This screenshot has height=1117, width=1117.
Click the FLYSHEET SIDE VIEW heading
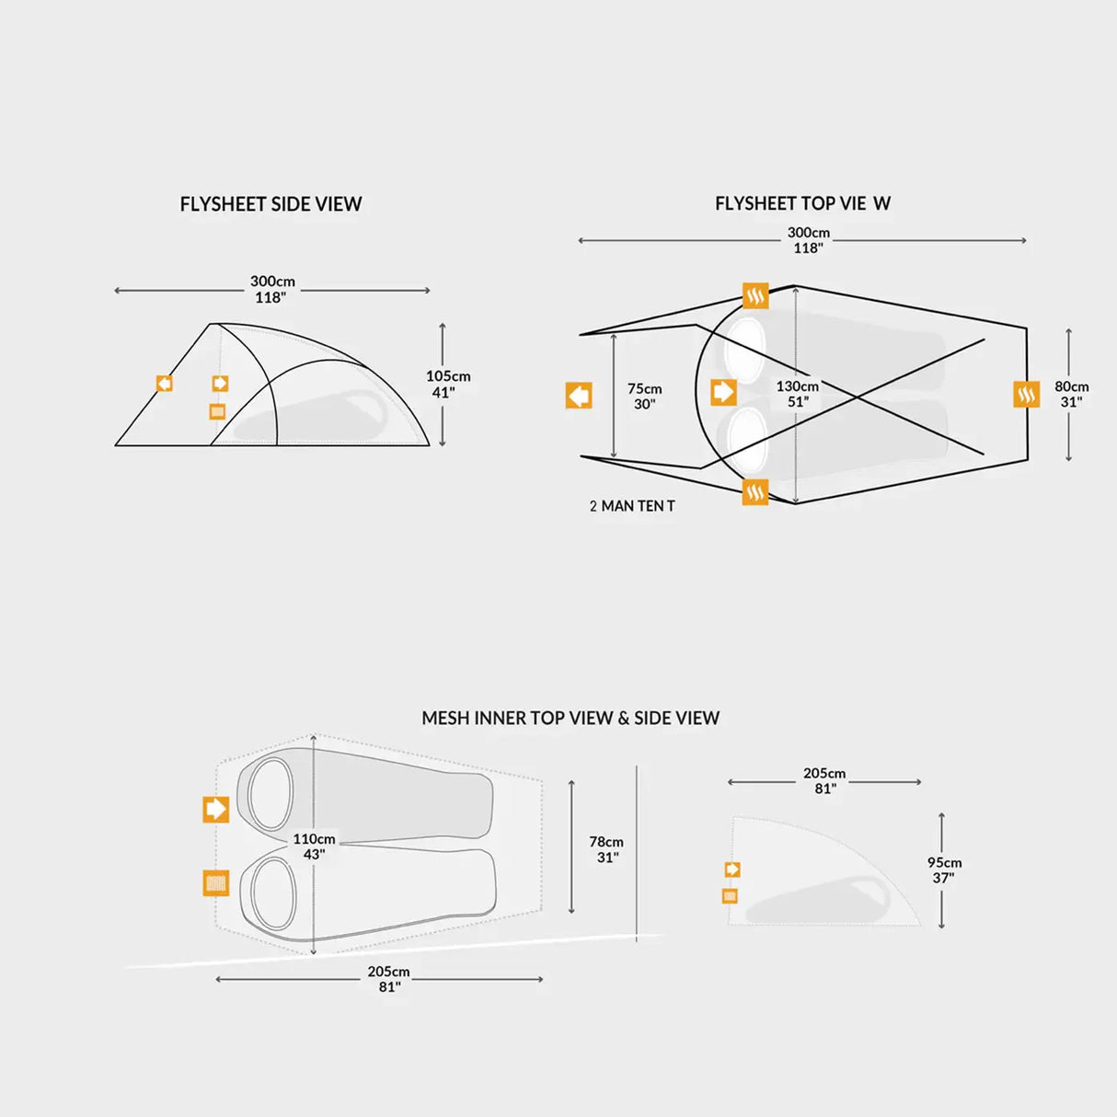click(271, 204)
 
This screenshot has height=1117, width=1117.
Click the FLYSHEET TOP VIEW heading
click(802, 203)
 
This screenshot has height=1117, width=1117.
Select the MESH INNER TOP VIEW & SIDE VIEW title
click(570, 718)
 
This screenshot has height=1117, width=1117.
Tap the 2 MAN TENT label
click(632, 506)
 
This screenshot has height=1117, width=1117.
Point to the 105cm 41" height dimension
click(448, 384)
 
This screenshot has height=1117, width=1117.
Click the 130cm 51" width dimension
click(797, 394)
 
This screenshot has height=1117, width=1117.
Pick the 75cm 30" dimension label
click(644, 397)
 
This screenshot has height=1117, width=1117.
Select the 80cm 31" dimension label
click(1071, 394)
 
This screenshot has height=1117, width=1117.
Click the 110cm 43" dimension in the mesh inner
click(314, 846)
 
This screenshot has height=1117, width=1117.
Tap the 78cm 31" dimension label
click(606, 849)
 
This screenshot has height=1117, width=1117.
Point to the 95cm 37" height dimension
click(944, 869)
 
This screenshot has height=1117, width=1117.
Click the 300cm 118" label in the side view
click(272, 290)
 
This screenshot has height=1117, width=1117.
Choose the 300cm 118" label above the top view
click(808, 240)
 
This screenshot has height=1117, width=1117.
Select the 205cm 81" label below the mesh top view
click(388, 979)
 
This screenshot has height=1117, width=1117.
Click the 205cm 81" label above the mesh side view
click(824, 781)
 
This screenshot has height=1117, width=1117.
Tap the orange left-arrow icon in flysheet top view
click(579, 396)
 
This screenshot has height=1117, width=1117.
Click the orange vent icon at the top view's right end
click(1026, 394)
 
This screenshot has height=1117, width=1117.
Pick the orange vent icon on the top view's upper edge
click(755, 295)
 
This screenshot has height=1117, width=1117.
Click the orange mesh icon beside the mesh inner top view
click(216, 883)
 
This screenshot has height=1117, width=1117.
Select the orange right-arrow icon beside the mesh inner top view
click(216, 810)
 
